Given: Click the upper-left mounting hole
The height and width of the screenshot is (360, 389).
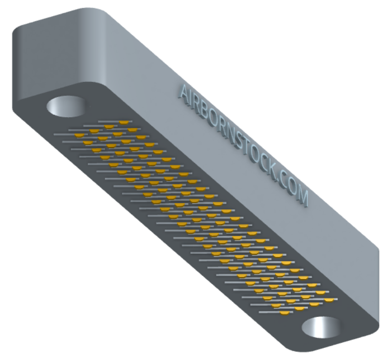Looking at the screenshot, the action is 66,107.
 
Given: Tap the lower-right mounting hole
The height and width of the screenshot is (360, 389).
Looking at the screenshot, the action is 321,327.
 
